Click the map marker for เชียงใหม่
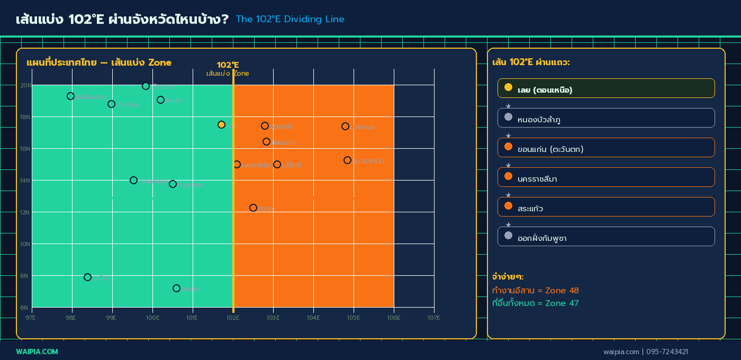(x=111, y=104)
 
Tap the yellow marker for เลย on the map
(x=221, y=124)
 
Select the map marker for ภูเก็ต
(x=87, y=277)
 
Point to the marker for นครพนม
(x=345, y=126)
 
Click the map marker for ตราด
(x=253, y=208)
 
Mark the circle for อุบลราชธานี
(x=347, y=160)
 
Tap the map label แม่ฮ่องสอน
(x=91, y=97)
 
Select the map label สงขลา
(x=191, y=289)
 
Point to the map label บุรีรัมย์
(x=292, y=165)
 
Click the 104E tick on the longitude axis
(x=313, y=318)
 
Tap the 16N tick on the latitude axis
(x=25, y=148)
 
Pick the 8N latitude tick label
(x=25, y=275)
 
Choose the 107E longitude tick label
(x=434, y=318)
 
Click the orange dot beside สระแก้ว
(x=508, y=205)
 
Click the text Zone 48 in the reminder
(x=562, y=290)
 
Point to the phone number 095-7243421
(x=666, y=352)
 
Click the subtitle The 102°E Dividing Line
(x=290, y=20)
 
